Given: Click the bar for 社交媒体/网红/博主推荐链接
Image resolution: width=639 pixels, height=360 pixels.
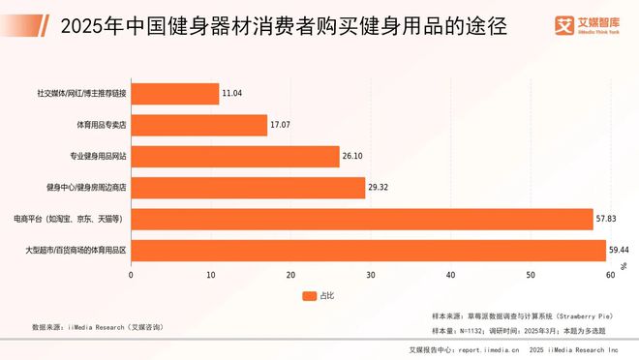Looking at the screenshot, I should (x=175, y=94).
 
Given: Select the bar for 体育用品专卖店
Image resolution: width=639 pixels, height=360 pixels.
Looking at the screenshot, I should (x=199, y=126).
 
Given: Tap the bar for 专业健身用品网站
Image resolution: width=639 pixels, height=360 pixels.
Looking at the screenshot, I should (x=235, y=157).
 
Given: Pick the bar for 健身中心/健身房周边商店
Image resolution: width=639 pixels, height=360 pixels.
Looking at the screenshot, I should (x=248, y=189).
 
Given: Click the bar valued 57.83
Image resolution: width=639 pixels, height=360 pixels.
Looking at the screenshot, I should (x=362, y=220).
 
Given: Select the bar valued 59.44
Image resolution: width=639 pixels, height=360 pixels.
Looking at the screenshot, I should (x=368, y=251).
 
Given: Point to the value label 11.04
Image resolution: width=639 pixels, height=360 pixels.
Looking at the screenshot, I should (x=232, y=94).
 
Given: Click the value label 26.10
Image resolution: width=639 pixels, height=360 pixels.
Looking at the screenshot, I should (x=352, y=157).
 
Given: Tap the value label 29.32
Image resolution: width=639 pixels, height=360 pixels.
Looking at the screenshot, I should (x=379, y=189).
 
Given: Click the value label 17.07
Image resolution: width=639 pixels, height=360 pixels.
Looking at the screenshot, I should (x=281, y=126).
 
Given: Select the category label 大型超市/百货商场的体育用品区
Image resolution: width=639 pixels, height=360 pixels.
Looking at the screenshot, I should (x=76, y=251).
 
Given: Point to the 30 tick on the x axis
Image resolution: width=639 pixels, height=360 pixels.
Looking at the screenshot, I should (x=371, y=276).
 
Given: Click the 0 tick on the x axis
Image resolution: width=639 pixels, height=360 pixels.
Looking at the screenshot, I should (x=132, y=276).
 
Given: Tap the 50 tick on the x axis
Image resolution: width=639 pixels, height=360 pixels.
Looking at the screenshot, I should (x=531, y=276).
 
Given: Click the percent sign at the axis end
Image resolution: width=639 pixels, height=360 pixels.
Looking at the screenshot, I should (x=624, y=264).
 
